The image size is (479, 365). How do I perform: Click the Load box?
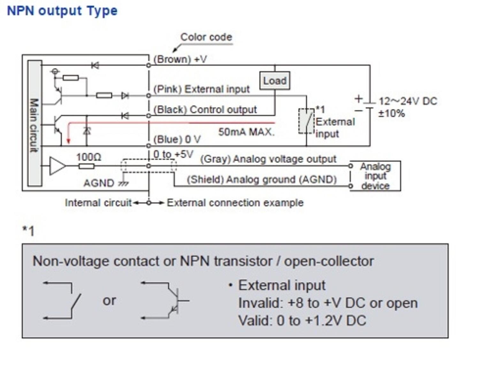[275, 81]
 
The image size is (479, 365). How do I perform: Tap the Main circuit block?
[34, 123]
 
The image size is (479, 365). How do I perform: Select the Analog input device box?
[375, 176]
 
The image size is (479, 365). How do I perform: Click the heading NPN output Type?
[62, 11]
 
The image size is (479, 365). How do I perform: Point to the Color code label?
[206, 37]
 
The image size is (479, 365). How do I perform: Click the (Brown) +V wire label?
[180, 59]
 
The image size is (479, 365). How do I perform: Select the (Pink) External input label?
[201, 89]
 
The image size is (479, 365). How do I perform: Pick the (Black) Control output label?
[205, 110]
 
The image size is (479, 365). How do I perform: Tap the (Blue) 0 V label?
[177, 139]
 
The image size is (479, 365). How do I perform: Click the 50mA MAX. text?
[246, 132]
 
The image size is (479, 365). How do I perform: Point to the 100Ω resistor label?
[88, 157]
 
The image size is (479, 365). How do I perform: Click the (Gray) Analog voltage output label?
[268, 159]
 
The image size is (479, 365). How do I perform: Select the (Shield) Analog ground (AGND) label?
[262, 179]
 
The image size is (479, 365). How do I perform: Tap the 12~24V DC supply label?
[408, 102]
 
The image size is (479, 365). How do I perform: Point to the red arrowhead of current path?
[68, 141]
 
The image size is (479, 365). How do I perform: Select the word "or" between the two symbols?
[109, 300]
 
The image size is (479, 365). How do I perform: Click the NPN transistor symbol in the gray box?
[172, 300]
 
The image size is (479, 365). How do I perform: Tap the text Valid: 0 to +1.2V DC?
[302, 321]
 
